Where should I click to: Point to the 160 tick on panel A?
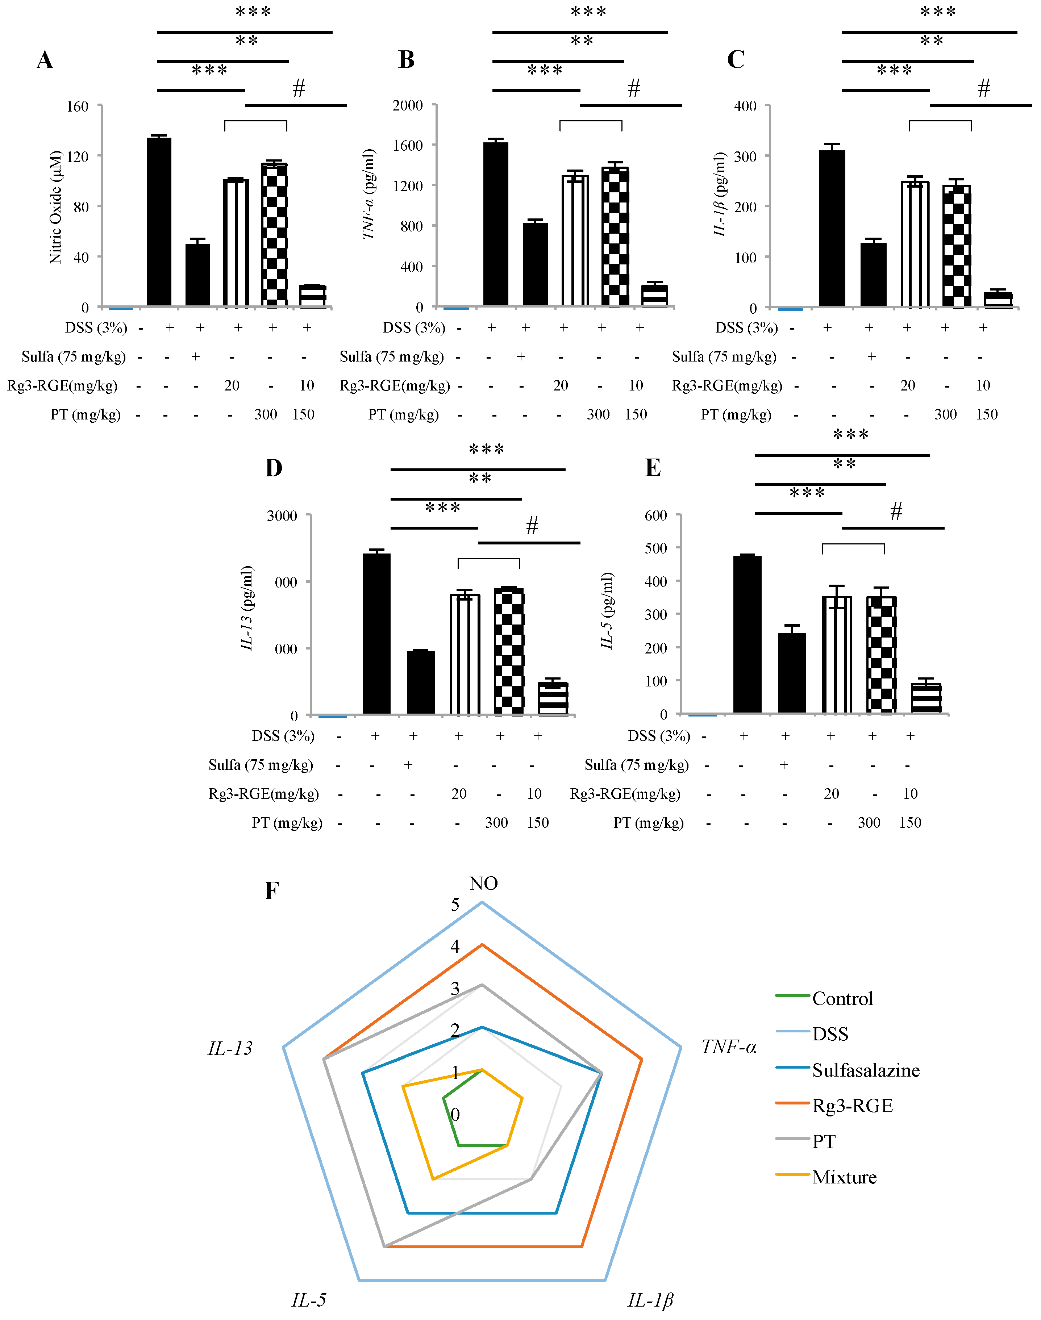[x=78, y=106]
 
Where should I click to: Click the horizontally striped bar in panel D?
[x=553, y=698]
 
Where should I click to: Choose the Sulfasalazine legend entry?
[x=866, y=1070]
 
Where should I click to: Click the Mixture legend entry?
[x=844, y=1177]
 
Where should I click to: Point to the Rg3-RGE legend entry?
[x=852, y=1106]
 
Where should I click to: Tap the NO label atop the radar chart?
[x=483, y=883]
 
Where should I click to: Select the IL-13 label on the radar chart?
[x=230, y=1048]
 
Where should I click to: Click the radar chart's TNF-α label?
[x=729, y=1047]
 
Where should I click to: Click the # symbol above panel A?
[x=299, y=89]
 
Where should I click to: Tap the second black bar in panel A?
[x=197, y=275]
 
